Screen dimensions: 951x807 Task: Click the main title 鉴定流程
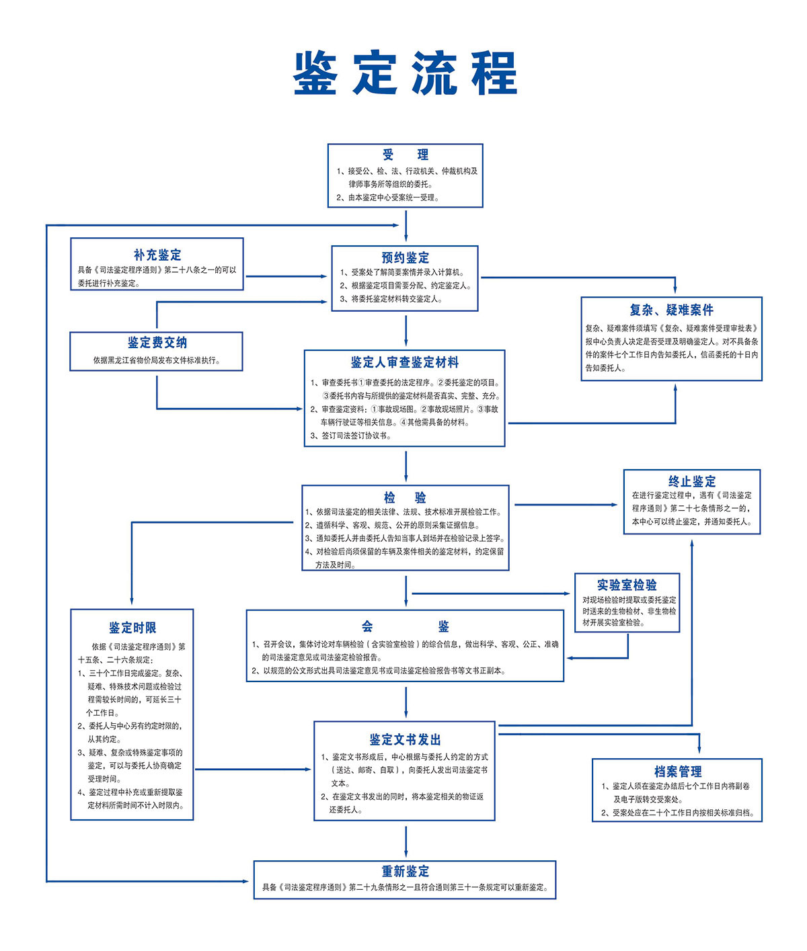click(405, 73)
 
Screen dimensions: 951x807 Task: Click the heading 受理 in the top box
click(405, 155)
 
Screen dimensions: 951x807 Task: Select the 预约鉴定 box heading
click(405, 257)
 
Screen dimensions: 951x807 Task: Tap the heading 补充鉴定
click(157, 255)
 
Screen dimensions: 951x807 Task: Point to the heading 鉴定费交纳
click(157, 343)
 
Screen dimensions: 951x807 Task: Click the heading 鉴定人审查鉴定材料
click(405, 362)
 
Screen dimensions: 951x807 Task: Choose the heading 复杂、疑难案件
click(671, 310)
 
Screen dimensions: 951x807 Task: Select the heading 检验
click(405, 497)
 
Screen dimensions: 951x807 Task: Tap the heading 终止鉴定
click(692, 481)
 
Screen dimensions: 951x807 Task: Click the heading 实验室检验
click(627, 585)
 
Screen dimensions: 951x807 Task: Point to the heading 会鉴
click(405, 626)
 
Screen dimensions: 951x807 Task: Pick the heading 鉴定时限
click(132, 628)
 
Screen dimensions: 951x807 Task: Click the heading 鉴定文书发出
click(405, 739)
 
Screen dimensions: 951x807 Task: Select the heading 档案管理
click(677, 772)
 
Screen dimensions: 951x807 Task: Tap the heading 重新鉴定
click(405, 871)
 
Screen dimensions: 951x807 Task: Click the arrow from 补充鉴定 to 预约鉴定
click(286, 276)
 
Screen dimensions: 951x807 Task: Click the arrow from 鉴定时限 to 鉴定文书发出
click(253, 770)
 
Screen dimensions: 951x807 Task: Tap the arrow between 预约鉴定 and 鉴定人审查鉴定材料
click(406, 331)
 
